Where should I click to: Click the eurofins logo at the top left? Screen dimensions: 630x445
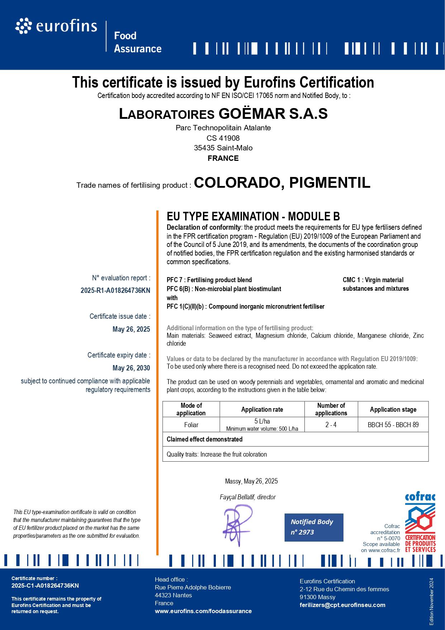click(x=56, y=27)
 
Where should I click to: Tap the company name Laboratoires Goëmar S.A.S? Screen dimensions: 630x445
click(x=223, y=114)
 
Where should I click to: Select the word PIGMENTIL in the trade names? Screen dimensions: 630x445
click(x=330, y=183)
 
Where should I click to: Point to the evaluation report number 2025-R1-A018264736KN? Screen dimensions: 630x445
click(x=115, y=291)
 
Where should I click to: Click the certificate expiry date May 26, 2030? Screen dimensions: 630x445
click(x=131, y=368)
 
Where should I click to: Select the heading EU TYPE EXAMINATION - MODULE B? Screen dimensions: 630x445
click(x=253, y=216)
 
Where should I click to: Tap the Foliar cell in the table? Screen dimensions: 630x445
click(x=191, y=425)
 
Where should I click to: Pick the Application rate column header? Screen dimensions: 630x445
click(x=262, y=409)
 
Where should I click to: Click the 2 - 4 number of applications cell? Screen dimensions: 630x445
click(x=331, y=425)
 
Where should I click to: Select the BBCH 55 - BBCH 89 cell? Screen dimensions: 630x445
click(x=393, y=425)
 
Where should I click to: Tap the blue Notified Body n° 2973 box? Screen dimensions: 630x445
click(x=314, y=527)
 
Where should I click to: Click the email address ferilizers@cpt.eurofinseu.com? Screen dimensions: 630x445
click(x=342, y=605)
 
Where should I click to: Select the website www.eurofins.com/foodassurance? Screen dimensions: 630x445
click(x=203, y=611)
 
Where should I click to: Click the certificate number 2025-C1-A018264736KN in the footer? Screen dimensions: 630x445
click(x=45, y=585)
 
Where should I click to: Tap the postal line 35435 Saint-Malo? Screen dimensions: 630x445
click(x=223, y=148)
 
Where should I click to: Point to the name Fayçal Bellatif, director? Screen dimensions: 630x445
click(x=247, y=497)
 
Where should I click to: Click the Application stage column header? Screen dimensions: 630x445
click(x=393, y=409)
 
